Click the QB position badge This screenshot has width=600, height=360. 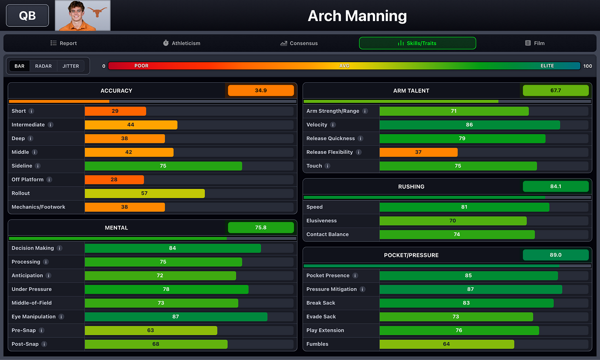click(27, 16)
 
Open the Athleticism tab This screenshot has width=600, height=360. click(182, 43)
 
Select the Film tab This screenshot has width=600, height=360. click(535, 43)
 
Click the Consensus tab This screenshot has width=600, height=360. click(299, 43)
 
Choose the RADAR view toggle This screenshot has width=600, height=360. click(43, 66)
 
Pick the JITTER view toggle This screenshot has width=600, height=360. click(71, 66)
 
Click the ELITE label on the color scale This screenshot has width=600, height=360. click(547, 66)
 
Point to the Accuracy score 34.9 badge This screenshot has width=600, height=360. click(261, 91)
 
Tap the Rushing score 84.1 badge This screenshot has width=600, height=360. click(555, 186)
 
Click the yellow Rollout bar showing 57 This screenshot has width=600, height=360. click(145, 193)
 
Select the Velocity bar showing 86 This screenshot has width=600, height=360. click(469, 125)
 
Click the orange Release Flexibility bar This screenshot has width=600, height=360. click(418, 152)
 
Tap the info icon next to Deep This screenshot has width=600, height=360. click(30, 138)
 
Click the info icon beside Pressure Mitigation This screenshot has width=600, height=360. click(362, 289)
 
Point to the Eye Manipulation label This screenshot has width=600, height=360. click(33, 317)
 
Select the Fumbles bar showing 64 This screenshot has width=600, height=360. click(447, 344)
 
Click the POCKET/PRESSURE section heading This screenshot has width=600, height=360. click(411, 255)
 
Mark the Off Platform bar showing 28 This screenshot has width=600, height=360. click(115, 180)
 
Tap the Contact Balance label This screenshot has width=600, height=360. click(328, 234)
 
